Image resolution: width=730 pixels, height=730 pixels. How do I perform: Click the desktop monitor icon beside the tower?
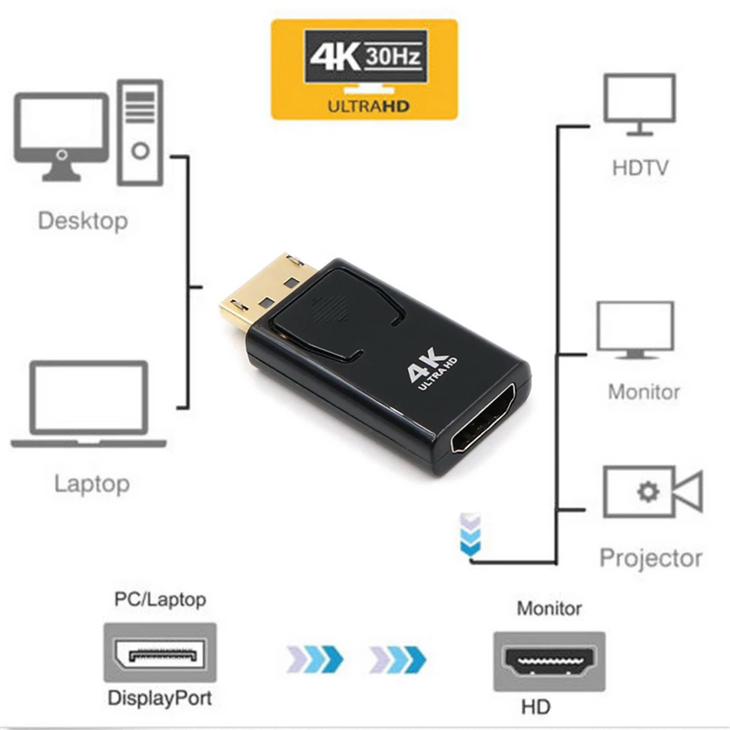[x=63, y=136]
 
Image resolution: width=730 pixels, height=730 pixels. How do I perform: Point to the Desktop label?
[x=82, y=220]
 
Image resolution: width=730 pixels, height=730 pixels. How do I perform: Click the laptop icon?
[x=88, y=404]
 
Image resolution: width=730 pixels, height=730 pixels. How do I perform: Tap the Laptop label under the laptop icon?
[x=92, y=483]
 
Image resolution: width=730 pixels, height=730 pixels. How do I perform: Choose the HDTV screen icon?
[x=639, y=105]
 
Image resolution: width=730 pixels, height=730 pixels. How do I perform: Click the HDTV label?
[x=640, y=169]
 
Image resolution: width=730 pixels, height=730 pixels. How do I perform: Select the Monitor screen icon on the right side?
[x=635, y=331]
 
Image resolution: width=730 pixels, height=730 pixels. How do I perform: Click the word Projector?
[x=650, y=558]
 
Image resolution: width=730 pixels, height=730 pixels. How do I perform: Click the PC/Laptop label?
[x=160, y=600]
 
